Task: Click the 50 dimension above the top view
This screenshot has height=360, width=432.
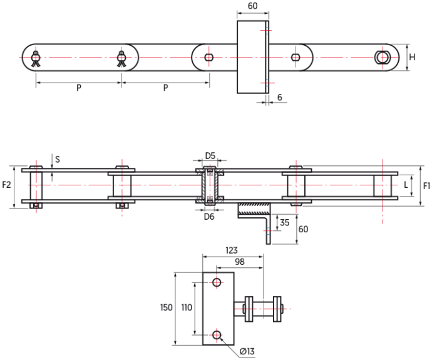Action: tap(252, 6)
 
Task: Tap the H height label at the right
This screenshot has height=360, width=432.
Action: tap(413, 57)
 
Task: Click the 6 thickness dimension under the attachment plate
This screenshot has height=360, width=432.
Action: tap(279, 98)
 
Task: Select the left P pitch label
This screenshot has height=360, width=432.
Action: tap(79, 88)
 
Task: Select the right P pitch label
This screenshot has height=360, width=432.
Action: tap(165, 88)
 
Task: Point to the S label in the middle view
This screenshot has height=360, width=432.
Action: tap(58, 159)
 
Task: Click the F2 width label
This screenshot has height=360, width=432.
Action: tap(7, 185)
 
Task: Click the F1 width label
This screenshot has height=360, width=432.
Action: tap(426, 185)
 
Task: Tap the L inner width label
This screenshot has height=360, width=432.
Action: tap(406, 185)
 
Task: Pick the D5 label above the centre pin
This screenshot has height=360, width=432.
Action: tap(210, 155)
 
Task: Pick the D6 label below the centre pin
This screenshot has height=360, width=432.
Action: tap(210, 217)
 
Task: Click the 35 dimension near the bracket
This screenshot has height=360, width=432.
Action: tap(285, 222)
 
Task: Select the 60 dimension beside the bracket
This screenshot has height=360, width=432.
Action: tap(303, 229)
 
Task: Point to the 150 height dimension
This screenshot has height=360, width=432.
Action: tap(166, 307)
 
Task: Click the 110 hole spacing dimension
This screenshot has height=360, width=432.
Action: tap(187, 307)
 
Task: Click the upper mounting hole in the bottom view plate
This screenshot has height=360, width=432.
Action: tap(217, 282)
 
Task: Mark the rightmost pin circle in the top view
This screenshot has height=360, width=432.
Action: tap(384, 57)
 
